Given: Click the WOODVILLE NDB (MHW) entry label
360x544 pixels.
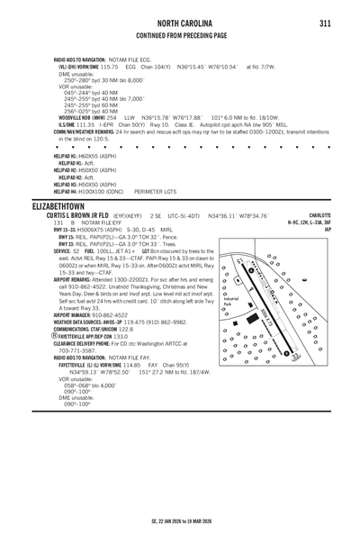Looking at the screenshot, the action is pyautogui.click(x=81, y=116).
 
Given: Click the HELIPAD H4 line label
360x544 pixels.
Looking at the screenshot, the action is pyautogui.click(x=66, y=191).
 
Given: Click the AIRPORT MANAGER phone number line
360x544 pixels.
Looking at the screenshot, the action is pyautogui.click(x=94, y=314).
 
